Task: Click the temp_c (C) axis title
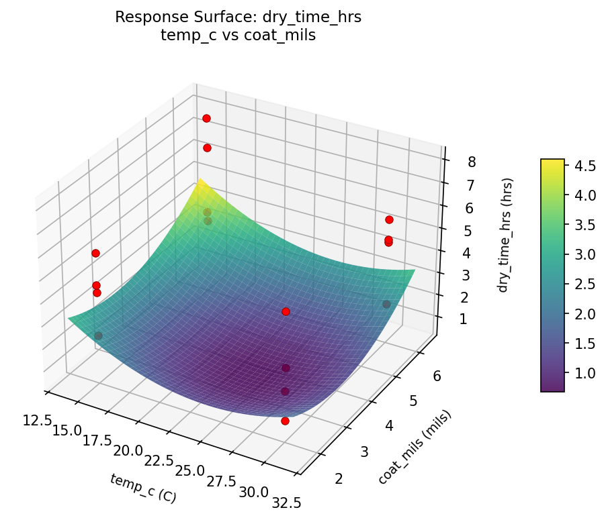click(142, 488)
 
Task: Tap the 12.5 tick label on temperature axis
click(36, 421)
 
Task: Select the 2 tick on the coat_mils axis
click(339, 478)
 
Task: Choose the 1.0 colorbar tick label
click(585, 373)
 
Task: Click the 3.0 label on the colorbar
click(585, 254)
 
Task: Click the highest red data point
click(206, 118)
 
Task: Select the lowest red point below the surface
click(285, 421)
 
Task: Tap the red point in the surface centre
click(286, 311)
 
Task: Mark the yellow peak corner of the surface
click(200, 181)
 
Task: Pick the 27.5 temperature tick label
click(221, 482)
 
